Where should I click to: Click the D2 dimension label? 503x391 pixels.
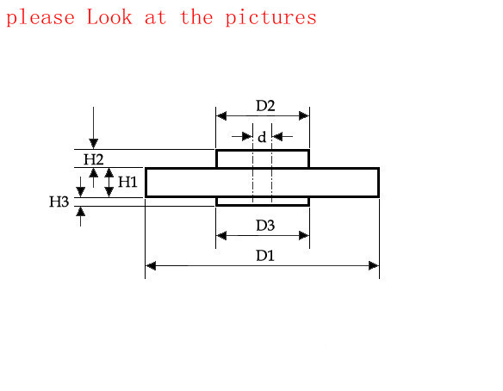click(265, 106)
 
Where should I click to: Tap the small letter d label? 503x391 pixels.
click(262, 137)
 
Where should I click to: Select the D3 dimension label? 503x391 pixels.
click(265, 226)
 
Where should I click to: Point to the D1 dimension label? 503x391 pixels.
click(265, 256)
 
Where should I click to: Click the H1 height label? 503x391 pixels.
click(127, 182)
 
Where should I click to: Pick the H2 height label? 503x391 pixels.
click(94, 159)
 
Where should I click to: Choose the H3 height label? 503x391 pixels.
click(59, 202)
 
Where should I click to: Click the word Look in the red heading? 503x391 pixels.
click(109, 16)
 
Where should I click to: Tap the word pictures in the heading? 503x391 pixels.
click(270, 17)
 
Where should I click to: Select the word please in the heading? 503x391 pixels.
click(40, 18)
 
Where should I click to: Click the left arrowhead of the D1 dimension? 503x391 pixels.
click(151, 266)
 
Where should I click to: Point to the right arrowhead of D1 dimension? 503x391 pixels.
click(374, 266)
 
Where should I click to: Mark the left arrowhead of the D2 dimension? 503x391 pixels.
click(221, 115)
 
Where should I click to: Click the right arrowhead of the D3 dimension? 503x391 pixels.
click(304, 236)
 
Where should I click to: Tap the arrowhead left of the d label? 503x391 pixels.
click(247, 137)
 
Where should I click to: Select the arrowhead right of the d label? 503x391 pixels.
click(277, 137)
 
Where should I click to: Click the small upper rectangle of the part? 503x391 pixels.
click(263, 158)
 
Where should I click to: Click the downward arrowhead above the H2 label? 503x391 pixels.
click(93, 144)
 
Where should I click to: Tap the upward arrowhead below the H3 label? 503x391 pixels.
click(80, 212)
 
